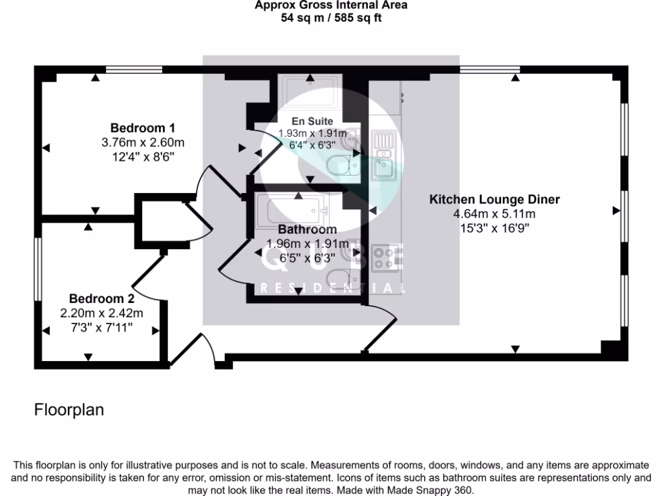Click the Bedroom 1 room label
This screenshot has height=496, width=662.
coord(142,127)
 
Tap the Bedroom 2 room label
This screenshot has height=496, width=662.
coord(101,299)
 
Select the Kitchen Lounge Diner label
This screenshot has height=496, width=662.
coord(495,200)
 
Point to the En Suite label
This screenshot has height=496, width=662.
coord(312,121)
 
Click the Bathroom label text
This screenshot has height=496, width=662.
coord(307,229)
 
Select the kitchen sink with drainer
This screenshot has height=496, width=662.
coord(384,156)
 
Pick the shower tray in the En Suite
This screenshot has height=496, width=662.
coord(308,92)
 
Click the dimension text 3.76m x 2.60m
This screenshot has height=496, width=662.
coord(143,142)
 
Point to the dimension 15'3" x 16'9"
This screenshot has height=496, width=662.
coord(495,228)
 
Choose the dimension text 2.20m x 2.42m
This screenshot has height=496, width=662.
coord(101,313)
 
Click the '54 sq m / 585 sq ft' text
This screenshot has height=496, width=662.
coord(330,17)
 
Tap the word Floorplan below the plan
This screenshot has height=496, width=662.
coord(69,410)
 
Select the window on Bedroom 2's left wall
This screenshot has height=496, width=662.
coord(38,269)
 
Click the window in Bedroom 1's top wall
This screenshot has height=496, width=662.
coord(134,69)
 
